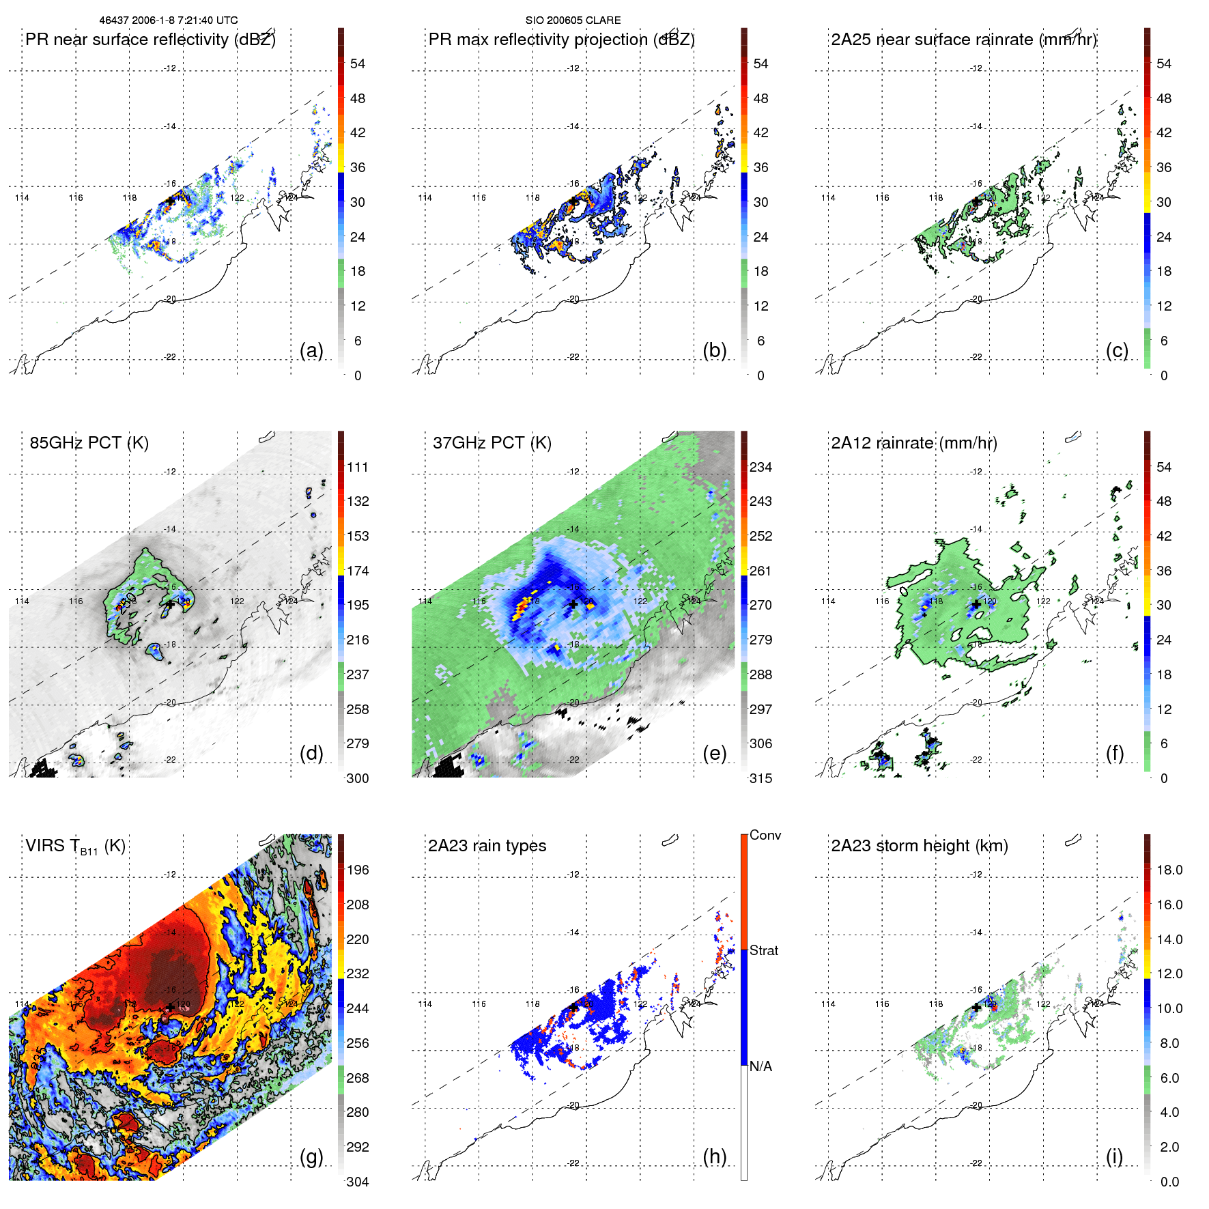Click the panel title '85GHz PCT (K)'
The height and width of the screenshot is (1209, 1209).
[89, 443]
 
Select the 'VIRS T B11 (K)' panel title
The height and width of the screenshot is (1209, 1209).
[75, 847]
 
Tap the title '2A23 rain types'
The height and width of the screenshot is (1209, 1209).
[487, 846]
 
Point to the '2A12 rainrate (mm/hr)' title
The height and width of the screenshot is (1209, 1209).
[913, 443]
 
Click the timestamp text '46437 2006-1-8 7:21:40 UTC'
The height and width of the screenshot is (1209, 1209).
[168, 20]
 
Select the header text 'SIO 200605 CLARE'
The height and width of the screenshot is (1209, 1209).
[573, 20]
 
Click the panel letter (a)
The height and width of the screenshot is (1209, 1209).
[311, 351]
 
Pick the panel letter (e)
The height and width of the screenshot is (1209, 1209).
[714, 754]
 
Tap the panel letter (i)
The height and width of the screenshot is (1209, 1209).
[1114, 1156]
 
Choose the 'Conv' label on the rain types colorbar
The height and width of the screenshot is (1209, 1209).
[765, 836]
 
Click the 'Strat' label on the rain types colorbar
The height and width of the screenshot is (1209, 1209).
[764, 951]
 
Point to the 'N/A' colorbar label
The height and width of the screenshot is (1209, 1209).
[760, 1066]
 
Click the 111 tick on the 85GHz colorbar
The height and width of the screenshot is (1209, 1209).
[358, 468]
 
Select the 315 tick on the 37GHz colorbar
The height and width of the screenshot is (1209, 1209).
[760, 778]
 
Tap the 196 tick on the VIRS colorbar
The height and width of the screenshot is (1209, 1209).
[358, 870]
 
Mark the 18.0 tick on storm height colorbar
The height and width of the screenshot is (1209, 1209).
[1169, 870]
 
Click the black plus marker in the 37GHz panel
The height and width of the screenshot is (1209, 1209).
[573, 604]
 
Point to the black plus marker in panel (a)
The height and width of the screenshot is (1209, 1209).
[170, 201]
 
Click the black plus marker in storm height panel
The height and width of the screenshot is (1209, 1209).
[976, 1007]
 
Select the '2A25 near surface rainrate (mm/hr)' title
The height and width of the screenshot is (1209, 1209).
[963, 40]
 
